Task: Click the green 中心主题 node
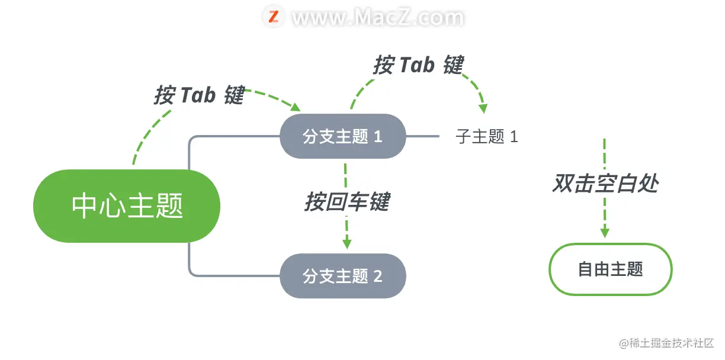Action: [x=127, y=206]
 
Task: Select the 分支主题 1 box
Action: [x=342, y=137]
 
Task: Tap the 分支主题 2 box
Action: [x=342, y=276]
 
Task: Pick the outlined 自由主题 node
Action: [x=611, y=269]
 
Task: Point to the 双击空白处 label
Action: [x=605, y=184]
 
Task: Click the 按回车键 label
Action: [x=347, y=202]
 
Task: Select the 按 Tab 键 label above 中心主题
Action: [x=199, y=95]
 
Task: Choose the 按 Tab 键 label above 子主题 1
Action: [x=418, y=65]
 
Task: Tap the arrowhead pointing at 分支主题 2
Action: [x=347, y=243]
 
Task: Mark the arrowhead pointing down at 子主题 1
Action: [x=483, y=108]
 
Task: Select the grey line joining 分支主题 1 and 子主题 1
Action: [x=422, y=137]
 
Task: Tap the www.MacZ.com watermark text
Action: [x=378, y=17]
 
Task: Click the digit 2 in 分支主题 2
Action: [x=378, y=276]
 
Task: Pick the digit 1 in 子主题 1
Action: [x=514, y=137]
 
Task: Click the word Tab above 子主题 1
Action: [x=417, y=65]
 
